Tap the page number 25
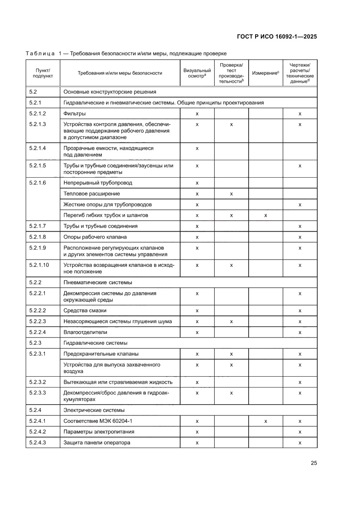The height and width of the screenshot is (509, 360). [x=313, y=463]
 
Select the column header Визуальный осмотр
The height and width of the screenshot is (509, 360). [x=197, y=73]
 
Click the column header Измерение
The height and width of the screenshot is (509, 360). [x=266, y=73]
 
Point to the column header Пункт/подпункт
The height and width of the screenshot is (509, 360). [x=42, y=73]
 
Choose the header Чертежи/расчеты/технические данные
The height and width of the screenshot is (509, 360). [x=300, y=73]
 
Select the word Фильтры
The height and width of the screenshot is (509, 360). [x=74, y=114]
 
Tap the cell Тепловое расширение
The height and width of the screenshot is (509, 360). [x=92, y=193]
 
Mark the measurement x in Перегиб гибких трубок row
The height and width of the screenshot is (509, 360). [x=266, y=215]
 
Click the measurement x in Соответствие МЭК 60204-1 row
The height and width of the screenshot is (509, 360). [x=266, y=421]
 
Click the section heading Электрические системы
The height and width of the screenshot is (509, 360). [x=94, y=410]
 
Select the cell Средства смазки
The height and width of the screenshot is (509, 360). [x=85, y=310]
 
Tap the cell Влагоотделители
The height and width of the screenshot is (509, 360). [x=85, y=332]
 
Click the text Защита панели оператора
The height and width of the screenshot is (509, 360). [x=97, y=442]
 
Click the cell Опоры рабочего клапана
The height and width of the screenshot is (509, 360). [x=95, y=237]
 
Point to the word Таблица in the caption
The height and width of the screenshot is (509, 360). [x=40, y=54]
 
